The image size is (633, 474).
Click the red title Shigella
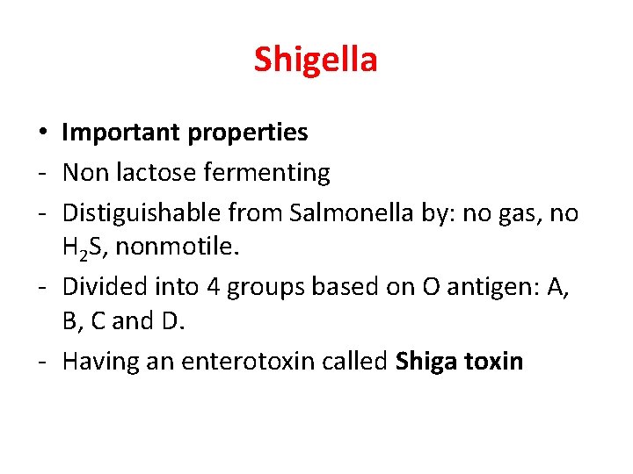tap(316, 60)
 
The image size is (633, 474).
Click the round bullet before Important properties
tap(42, 133)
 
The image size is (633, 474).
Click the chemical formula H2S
tap(86, 248)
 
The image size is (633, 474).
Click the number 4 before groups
tap(215, 286)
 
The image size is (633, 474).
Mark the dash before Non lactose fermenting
tap(42, 174)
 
